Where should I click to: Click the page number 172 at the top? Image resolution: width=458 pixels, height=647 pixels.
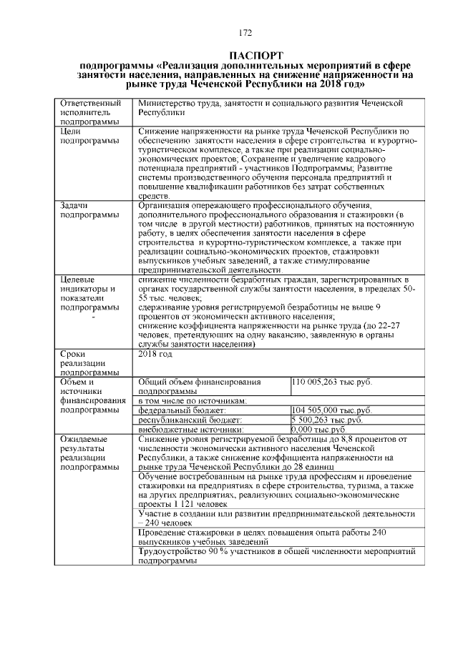[246, 31]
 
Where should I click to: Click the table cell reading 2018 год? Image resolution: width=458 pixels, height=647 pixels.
[154, 354]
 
